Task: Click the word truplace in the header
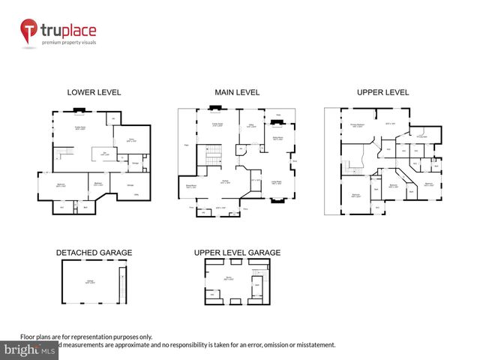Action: click(69, 31)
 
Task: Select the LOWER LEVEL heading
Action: click(94, 92)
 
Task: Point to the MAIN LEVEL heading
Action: click(237, 92)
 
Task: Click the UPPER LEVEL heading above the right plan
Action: click(382, 92)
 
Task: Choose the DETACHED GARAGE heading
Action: click(94, 253)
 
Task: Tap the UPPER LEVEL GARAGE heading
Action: click(237, 253)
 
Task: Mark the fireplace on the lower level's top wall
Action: click(79, 111)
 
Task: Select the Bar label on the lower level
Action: click(105, 154)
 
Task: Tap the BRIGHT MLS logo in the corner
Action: click(30, 349)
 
